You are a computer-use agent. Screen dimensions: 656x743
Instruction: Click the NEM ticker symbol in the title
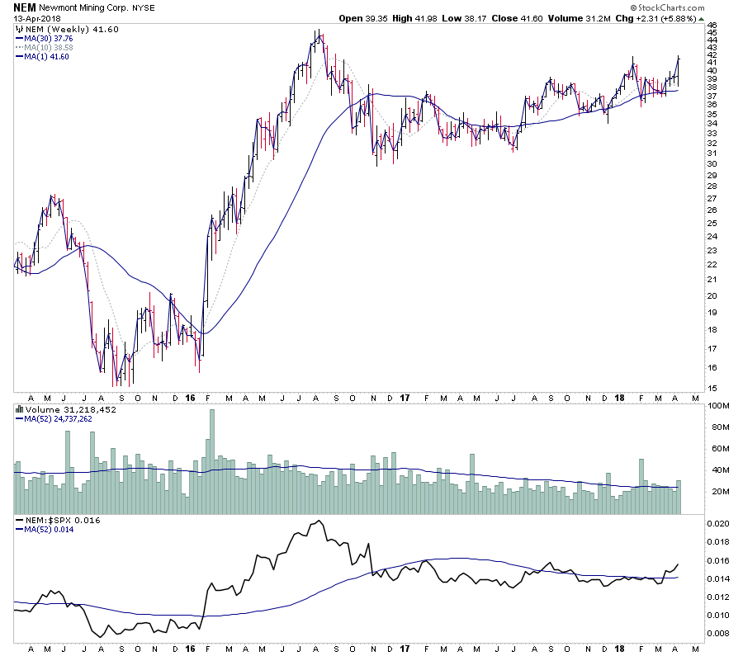point(24,7)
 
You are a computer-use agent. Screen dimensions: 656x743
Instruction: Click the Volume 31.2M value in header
point(619,18)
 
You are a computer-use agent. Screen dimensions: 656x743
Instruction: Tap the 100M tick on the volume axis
point(712,406)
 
